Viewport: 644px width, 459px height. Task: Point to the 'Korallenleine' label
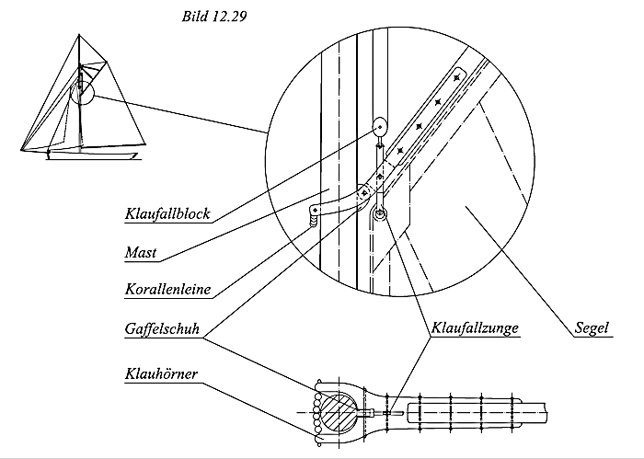coord(167,289)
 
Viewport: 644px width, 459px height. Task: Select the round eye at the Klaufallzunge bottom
coord(380,213)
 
